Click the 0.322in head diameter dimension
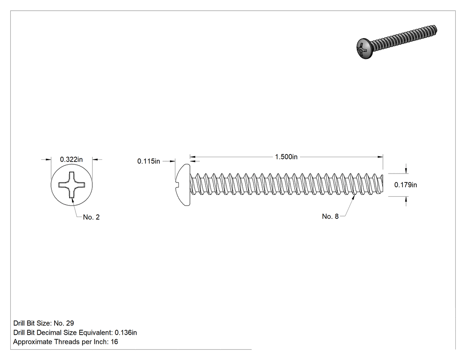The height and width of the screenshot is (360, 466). pyautogui.click(x=71, y=159)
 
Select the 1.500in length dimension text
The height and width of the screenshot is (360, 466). pyautogui.click(x=286, y=157)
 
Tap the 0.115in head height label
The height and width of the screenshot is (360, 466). pyautogui.click(x=149, y=161)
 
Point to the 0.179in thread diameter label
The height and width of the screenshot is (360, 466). pyautogui.click(x=406, y=185)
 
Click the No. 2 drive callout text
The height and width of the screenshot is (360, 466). pyautogui.click(x=91, y=218)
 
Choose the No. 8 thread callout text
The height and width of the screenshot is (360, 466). pyautogui.click(x=330, y=217)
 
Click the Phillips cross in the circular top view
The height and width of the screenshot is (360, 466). pyautogui.click(x=71, y=185)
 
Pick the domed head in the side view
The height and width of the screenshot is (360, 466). pyautogui.click(x=182, y=185)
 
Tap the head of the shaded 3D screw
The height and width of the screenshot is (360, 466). pyautogui.click(x=364, y=48)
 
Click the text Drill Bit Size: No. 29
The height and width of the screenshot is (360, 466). pyautogui.click(x=43, y=323)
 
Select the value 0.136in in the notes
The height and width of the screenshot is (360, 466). pyautogui.click(x=126, y=332)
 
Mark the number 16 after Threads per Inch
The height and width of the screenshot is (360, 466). pyautogui.click(x=115, y=342)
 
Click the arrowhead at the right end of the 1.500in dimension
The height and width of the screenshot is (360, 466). pyautogui.click(x=380, y=157)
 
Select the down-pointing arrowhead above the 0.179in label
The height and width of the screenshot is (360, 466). pyautogui.click(x=406, y=170)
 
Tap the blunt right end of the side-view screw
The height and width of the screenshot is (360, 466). pyautogui.click(x=383, y=185)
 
